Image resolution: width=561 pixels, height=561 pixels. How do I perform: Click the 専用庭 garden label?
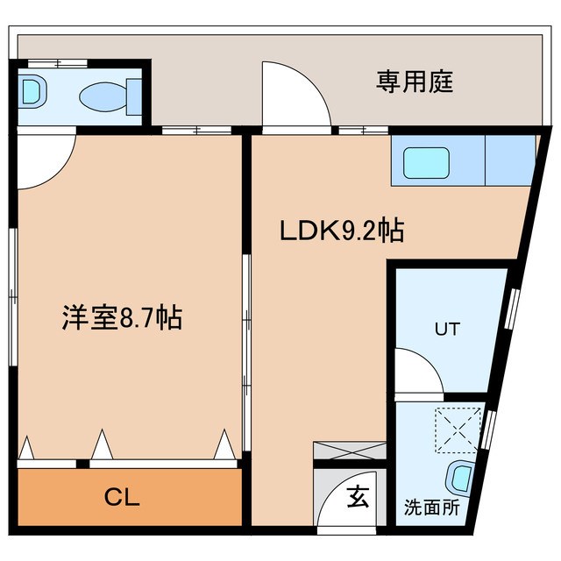(415, 83)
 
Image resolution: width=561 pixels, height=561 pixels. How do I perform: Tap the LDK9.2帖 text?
(341, 231)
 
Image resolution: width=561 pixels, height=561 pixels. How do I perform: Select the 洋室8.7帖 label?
(122, 317)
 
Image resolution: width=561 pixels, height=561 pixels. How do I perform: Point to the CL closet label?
(122, 499)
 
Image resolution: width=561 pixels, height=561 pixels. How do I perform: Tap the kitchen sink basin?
(426, 161)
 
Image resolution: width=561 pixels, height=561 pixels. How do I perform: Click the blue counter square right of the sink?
(509, 160)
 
